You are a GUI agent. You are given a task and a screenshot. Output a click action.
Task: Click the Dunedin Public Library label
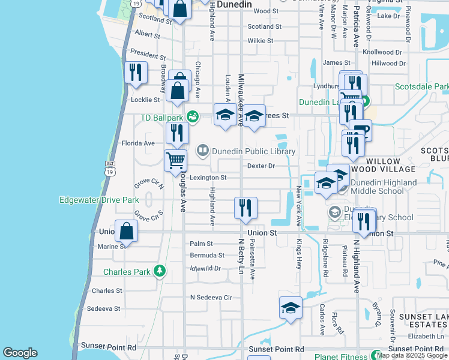pyautogui.click(x=253, y=151)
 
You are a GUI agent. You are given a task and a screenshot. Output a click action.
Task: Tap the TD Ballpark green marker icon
pyautogui.click(x=192, y=116)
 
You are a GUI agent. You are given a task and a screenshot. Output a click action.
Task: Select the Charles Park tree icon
pyautogui.click(x=159, y=272)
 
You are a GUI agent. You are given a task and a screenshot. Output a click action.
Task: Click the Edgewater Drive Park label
pyautogui.click(x=99, y=200)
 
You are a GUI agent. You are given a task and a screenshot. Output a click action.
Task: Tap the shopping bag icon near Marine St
pyautogui.click(x=127, y=230)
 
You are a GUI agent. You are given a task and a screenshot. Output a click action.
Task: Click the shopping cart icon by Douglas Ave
pyautogui.click(x=175, y=160)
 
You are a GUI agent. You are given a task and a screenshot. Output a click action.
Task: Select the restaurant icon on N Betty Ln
pyautogui.click(x=246, y=208)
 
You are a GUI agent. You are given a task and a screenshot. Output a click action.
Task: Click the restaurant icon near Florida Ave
pyautogui.click(x=176, y=133)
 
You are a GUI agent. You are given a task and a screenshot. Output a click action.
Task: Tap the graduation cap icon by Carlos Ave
pyautogui.click(x=291, y=308)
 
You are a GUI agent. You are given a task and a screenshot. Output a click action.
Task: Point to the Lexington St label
pyautogui.click(x=208, y=178)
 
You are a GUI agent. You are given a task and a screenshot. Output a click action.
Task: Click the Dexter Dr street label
pyautogui.click(x=261, y=166)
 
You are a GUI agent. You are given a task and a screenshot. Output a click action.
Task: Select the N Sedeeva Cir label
pyautogui.click(x=211, y=297)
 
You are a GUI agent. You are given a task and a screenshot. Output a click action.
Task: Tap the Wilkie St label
pyautogui.click(x=261, y=41)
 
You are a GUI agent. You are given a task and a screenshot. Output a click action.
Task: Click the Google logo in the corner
pyautogui.click(x=20, y=353)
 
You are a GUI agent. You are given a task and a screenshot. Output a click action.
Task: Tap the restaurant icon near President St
pyautogui.click(x=136, y=72)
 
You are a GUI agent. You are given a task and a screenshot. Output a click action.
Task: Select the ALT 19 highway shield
pyautogui.click(x=109, y=168)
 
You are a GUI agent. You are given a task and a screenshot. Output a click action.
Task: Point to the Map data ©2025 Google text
pyautogui.click(x=412, y=355)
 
